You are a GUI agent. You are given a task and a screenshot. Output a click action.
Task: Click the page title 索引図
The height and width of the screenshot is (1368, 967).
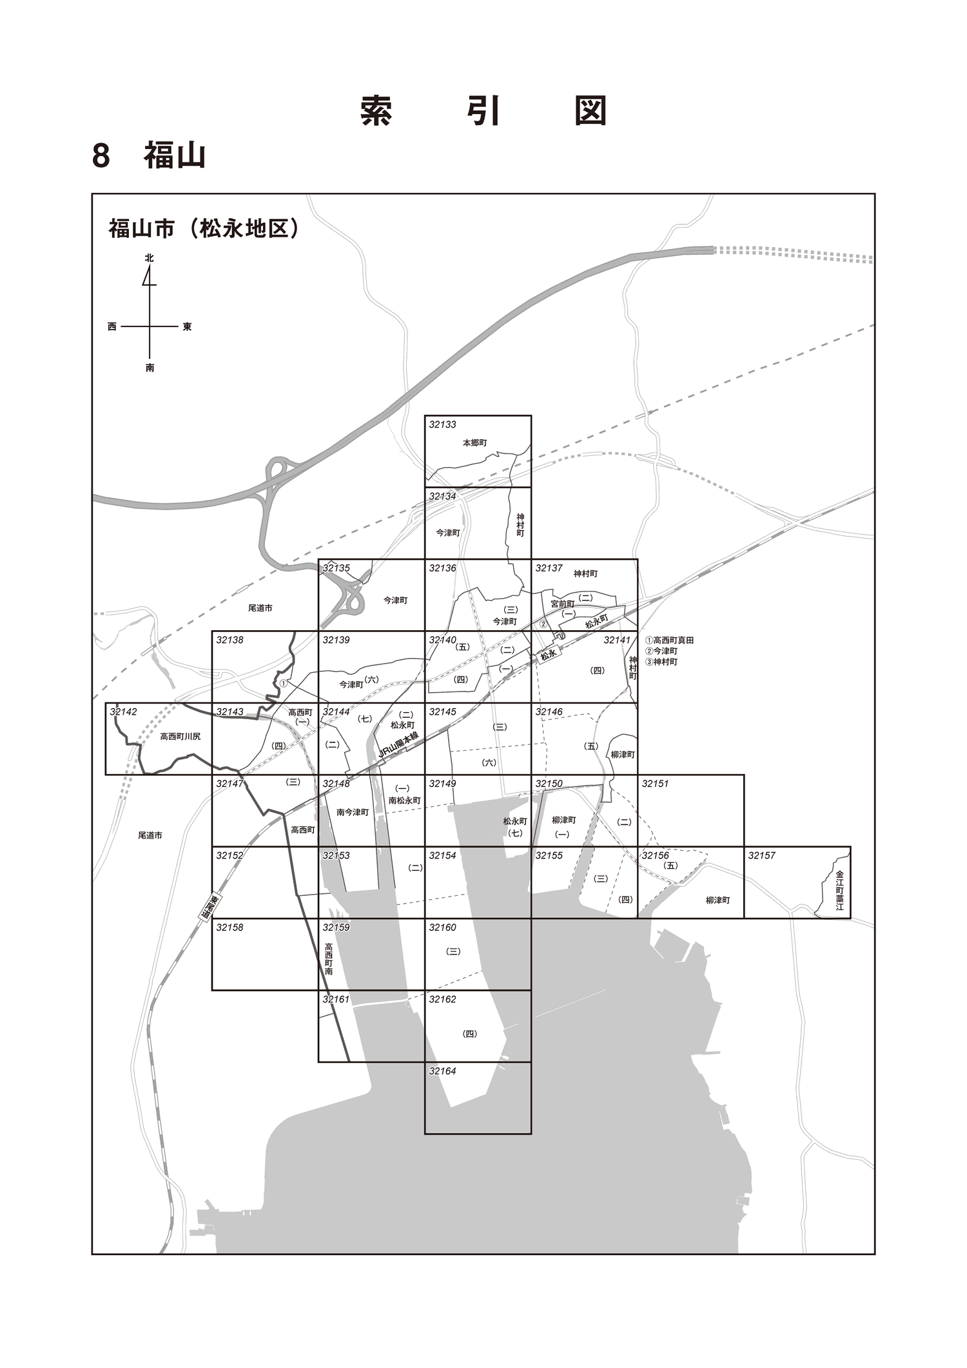[484, 110]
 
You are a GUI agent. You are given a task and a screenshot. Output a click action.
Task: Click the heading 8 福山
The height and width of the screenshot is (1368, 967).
[149, 155]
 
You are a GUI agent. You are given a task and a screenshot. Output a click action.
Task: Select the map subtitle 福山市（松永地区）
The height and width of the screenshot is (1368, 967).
[204, 228]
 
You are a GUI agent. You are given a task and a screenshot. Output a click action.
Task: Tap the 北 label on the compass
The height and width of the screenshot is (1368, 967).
[150, 257]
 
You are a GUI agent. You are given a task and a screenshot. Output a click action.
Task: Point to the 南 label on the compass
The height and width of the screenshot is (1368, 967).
[150, 368]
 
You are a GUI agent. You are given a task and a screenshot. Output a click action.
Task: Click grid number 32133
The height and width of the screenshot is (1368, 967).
[442, 424]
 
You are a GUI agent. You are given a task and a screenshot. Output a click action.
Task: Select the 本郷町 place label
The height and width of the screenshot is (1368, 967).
[474, 443]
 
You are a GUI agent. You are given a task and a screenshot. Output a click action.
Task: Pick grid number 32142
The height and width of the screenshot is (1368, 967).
[123, 712]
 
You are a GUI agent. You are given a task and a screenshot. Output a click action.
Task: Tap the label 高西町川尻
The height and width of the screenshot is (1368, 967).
[181, 736]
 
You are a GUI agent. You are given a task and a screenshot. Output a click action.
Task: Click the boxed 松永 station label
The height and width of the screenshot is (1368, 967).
[548, 655]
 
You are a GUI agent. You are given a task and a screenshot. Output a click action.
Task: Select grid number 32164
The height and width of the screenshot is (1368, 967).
[442, 1071]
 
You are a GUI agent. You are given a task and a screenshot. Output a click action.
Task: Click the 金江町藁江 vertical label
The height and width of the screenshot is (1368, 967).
[839, 891]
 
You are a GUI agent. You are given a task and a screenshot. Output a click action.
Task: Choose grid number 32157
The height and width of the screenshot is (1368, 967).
[761, 856]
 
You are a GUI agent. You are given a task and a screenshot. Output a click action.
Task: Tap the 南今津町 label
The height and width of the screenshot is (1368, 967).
[353, 813]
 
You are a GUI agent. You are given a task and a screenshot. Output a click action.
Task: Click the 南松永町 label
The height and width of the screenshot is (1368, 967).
[404, 800]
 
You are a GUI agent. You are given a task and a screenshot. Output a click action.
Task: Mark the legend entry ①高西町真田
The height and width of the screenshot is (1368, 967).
[669, 640]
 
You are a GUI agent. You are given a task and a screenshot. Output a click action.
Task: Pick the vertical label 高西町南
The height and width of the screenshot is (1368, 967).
[329, 958]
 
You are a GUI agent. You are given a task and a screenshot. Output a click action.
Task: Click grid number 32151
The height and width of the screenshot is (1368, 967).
[655, 784]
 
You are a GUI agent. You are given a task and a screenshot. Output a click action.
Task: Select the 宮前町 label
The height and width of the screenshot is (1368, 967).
[562, 604]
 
